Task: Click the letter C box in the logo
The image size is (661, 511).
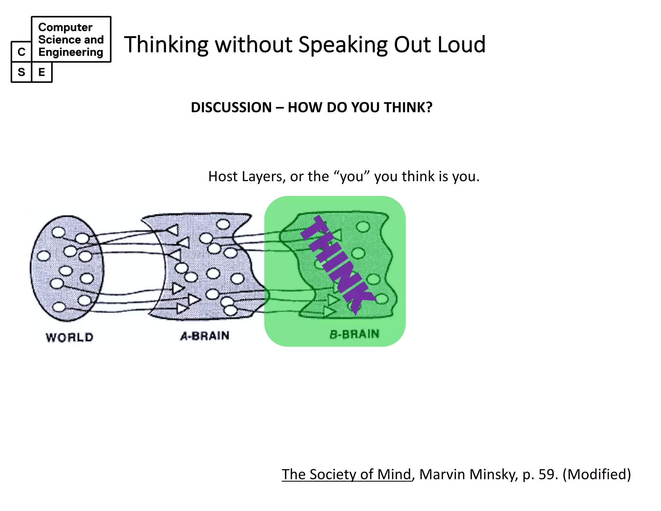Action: [21, 52]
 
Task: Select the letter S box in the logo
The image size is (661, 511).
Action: [21, 72]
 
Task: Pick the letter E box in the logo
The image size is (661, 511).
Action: [42, 72]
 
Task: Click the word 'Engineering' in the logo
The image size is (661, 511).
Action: [70, 52]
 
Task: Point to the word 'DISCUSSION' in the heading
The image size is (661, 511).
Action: [231, 107]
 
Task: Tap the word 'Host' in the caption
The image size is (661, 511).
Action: [223, 176]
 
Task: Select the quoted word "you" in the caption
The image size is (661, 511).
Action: [351, 176]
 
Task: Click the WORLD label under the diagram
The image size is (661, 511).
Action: [69, 337]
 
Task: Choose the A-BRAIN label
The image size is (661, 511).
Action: [205, 336]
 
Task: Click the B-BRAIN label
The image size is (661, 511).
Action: [354, 334]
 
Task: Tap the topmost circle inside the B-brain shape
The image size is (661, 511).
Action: [363, 226]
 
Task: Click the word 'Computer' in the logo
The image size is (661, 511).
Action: [65, 27]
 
